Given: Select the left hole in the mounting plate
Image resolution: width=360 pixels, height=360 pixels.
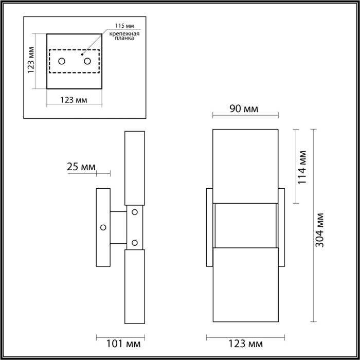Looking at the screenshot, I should click(62, 62).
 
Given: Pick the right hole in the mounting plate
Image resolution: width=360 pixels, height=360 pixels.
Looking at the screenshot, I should click(87, 62).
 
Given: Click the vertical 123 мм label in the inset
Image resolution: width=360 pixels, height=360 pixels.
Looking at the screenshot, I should click(31, 60).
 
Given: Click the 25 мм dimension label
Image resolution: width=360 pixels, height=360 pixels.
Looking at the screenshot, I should click(81, 167).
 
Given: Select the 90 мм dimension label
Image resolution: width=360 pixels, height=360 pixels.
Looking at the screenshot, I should click(244, 109).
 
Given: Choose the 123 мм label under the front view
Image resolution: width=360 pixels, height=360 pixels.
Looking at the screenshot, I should click(245, 343).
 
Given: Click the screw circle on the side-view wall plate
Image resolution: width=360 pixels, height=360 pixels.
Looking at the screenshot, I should click(103, 227).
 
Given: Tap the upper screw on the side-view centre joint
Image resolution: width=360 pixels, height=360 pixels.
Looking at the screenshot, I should click(135, 212).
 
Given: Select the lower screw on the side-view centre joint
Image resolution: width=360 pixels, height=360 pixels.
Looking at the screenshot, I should click(135, 242).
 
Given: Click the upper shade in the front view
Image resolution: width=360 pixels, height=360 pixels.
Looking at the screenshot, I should click(246, 165).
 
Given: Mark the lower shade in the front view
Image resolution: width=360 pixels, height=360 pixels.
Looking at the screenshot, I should click(246, 286).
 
